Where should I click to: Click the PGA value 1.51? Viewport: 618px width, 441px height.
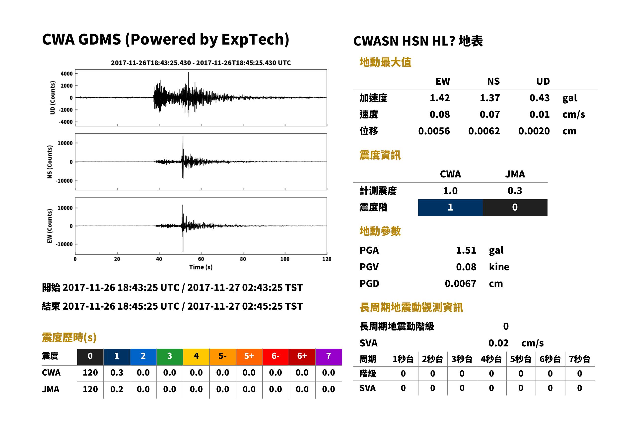[x=466, y=250]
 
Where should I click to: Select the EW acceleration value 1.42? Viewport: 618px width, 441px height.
[x=439, y=98]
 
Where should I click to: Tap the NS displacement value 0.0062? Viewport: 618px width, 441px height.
[x=484, y=131]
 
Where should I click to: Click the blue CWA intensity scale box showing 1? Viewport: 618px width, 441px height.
[x=450, y=208]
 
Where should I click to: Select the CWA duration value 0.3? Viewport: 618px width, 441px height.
[x=117, y=373]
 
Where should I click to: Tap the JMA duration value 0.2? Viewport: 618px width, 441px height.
[x=117, y=389]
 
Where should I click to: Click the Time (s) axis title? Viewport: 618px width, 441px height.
[x=201, y=267]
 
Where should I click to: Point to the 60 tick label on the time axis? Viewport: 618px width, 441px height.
[x=201, y=259]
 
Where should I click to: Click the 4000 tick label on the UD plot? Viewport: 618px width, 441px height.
[x=67, y=74]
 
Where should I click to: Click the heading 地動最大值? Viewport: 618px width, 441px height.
[x=385, y=62]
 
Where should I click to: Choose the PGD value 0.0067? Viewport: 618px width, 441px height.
[x=460, y=283]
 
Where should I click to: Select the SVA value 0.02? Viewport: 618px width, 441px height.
[x=498, y=343]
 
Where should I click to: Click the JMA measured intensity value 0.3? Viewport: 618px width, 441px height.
[x=515, y=191]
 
